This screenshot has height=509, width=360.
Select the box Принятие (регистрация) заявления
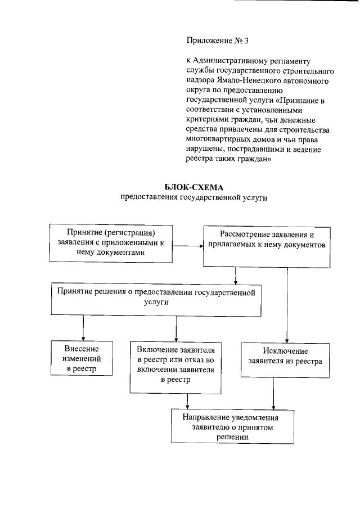click(111, 243)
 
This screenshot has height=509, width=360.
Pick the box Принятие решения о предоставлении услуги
click(156, 301)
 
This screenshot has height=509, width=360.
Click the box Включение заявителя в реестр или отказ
click(175, 367)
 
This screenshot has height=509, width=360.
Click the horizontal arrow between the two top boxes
click(187, 246)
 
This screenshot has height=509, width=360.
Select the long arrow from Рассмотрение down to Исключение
click(287, 304)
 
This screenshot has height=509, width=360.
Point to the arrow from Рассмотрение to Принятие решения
click(236, 275)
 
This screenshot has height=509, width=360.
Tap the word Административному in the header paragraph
click(230, 60)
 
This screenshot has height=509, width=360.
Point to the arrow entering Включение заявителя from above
click(177, 327)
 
